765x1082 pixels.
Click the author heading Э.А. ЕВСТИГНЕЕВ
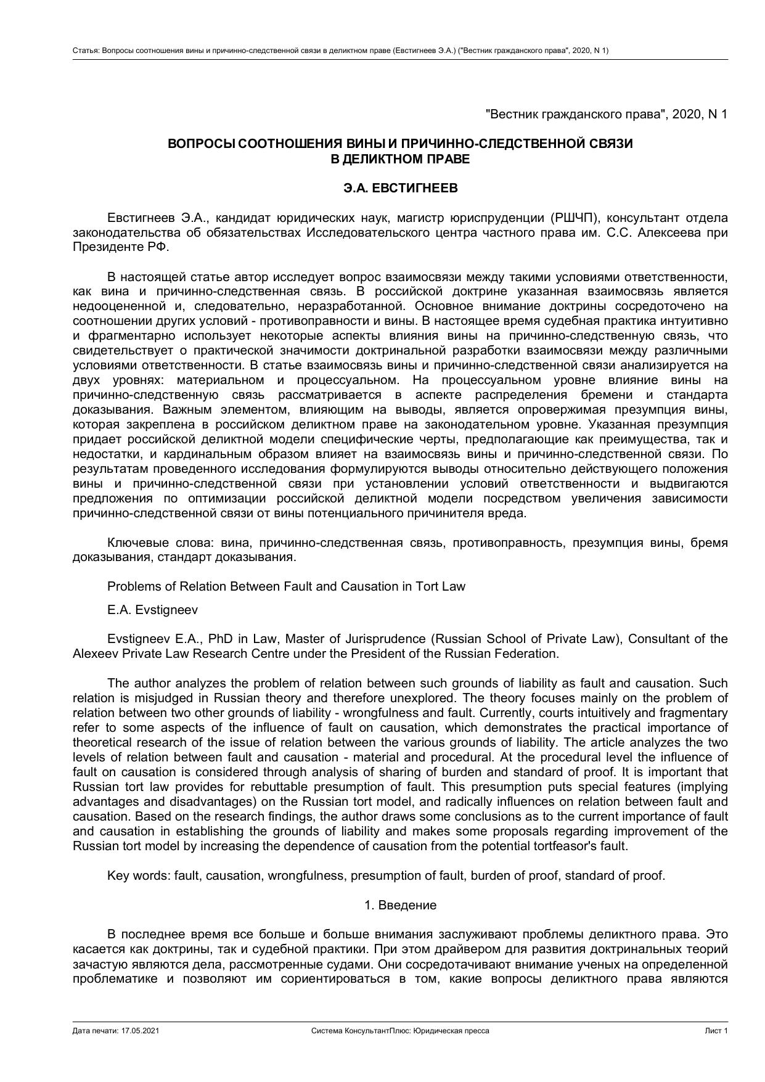coord(400,189)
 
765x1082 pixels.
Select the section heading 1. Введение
coord(400,905)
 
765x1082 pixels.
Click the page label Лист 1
coord(716,1031)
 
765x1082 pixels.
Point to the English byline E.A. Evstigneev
coord(152,610)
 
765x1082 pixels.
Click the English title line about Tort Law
coord(286,586)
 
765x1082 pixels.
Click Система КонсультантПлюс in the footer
coord(361,1031)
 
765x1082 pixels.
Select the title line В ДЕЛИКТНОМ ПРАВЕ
coord(400,159)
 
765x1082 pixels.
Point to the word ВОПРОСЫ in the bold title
coord(201,144)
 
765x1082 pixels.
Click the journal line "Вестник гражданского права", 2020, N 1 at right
coord(607,114)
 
